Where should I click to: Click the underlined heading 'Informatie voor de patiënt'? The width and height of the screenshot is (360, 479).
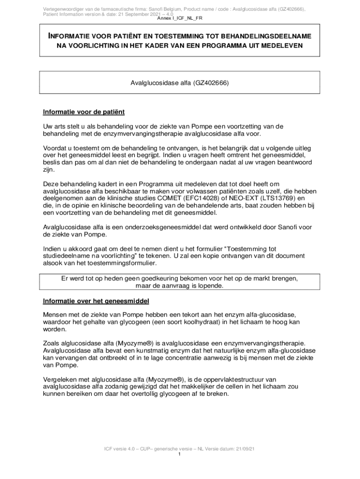(x=84, y=112)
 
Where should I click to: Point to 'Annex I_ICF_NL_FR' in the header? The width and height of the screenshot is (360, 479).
(x=180, y=18)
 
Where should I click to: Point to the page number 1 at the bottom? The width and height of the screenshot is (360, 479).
(x=180, y=454)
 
